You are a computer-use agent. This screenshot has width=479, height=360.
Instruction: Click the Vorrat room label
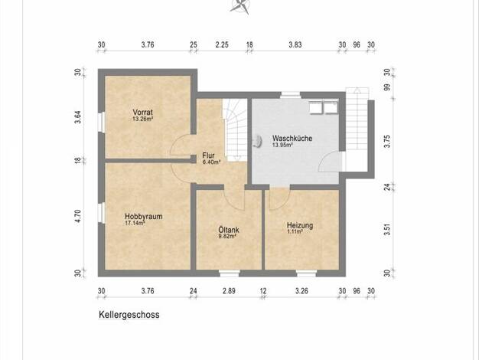[x=142, y=113]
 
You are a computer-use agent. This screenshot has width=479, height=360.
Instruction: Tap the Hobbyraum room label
[x=144, y=216]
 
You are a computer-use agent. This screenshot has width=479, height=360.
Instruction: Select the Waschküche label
[x=292, y=138]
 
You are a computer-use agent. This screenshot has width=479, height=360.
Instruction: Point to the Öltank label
[x=229, y=229]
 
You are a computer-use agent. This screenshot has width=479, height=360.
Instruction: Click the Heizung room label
[x=300, y=226]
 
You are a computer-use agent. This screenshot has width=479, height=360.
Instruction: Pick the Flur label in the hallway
[x=208, y=155]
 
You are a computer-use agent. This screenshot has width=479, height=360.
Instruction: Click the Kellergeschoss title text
[x=129, y=315]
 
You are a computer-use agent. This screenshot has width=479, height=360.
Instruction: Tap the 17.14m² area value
[x=135, y=223]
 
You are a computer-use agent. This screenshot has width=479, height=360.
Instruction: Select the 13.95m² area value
[x=282, y=145]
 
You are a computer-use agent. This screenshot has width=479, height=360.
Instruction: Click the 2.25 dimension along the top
[x=222, y=44]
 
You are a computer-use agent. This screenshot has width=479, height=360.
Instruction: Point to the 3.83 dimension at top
[x=295, y=44]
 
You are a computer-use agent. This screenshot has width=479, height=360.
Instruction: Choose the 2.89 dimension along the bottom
[x=229, y=290]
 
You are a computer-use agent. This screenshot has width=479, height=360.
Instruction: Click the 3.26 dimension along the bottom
[x=301, y=290]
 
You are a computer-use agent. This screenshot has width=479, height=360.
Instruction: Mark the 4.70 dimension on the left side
[x=78, y=216]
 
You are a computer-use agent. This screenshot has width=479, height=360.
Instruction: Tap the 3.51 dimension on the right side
[x=387, y=229]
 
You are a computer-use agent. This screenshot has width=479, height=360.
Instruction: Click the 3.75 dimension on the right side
[x=387, y=141]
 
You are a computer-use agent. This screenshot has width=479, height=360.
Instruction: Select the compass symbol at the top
[x=240, y=6]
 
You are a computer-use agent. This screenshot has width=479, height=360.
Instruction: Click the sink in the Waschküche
[x=258, y=141]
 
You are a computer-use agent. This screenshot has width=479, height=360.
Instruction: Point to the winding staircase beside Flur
[x=235, y=129]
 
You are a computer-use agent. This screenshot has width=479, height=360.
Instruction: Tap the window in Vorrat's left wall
[x=101, y=122]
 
